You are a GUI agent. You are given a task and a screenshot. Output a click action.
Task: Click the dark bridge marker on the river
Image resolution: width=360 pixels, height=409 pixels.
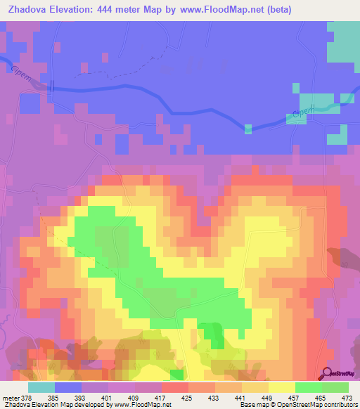tap(51, 85)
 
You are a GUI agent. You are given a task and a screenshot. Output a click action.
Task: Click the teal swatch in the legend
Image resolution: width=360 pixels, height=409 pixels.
tap(41, 387)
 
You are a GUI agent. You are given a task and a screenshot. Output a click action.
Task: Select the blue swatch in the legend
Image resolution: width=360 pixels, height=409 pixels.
tap(68, 387)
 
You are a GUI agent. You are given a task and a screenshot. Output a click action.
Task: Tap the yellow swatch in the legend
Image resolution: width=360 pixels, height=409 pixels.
tap(282, 387)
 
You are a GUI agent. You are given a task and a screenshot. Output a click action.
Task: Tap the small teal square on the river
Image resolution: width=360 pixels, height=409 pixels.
tap(247, 129)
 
